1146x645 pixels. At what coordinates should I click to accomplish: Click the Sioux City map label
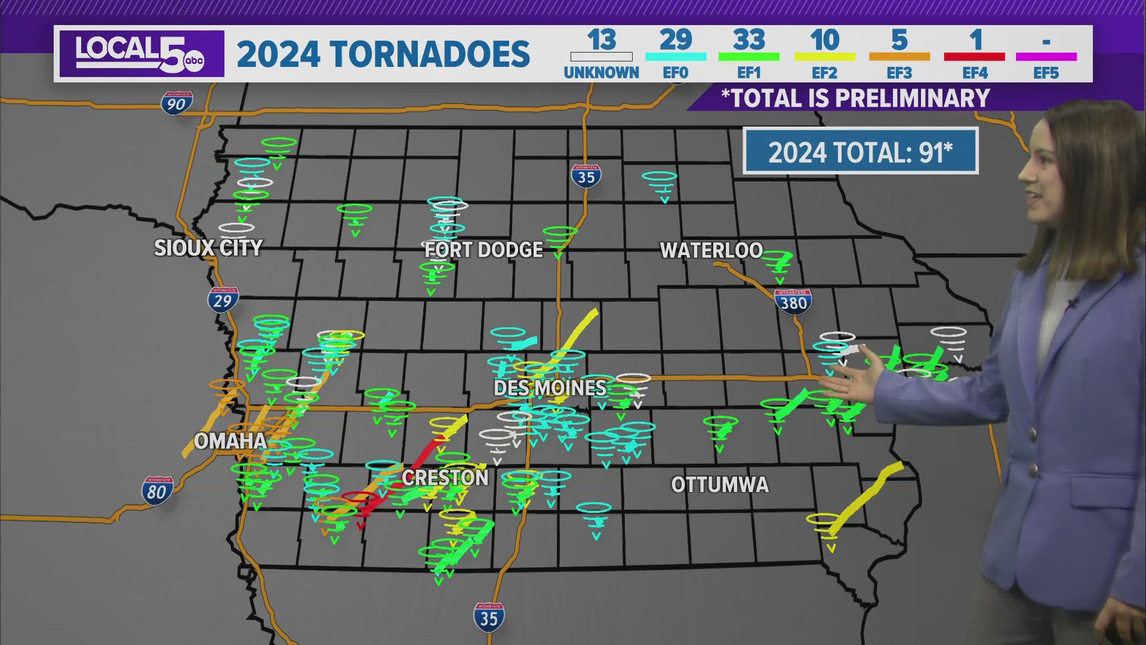point(208,248)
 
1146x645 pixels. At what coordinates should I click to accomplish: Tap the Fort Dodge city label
point(483,250)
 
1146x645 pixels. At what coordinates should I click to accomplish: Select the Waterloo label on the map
point(711,250)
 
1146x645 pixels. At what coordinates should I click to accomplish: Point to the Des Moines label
point(550,388)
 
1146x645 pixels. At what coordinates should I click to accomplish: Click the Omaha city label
point(230,441)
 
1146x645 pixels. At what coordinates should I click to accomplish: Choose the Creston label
point(445,478)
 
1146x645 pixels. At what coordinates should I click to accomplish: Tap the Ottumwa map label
point(720,484)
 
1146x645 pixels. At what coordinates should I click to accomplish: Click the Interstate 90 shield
point(177,103)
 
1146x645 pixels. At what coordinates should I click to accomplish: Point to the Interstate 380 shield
point(793,302)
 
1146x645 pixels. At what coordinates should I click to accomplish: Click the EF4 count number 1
point(975,41)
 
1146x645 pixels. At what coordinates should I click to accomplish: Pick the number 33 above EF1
point(749,41)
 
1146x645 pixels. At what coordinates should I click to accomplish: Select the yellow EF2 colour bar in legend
point(824,57)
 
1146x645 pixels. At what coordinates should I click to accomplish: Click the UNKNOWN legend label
point(601,73)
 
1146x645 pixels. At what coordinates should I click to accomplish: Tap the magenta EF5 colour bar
point(1046,57)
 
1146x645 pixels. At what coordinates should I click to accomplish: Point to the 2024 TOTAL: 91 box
point(860,151)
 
